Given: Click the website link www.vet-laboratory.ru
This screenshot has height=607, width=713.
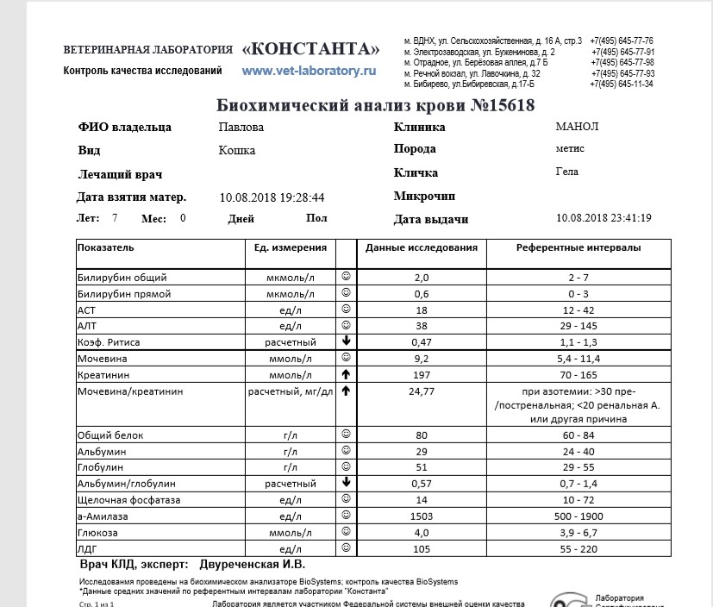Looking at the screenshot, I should click(310, 70).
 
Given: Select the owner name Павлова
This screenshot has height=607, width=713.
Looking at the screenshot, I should click(241, 128).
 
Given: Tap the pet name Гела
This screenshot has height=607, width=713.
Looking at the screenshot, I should click(567, 172).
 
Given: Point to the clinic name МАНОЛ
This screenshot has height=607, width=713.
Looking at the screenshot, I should click(577, 127).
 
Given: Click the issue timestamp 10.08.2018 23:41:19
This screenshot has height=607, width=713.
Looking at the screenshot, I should click(604, 218).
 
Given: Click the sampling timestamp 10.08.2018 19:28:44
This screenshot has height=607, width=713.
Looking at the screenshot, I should click(272, 197).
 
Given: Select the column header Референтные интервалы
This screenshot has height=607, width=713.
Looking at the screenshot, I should click(579, 247).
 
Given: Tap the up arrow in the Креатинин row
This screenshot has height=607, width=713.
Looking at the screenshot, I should click(346, 374).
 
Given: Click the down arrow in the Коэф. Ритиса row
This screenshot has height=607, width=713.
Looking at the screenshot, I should click(346, 341).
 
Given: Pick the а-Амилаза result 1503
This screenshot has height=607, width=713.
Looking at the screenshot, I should click(421, 516).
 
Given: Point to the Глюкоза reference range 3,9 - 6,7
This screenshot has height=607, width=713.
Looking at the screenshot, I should click(578, 533).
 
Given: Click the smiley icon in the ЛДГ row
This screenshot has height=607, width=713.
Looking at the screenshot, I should click(346, 548).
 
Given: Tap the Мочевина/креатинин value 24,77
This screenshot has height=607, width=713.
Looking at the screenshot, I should click(421, 391).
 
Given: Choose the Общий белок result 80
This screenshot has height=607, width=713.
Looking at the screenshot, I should click(421, 435).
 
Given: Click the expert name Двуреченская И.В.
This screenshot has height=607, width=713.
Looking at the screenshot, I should click(253, 566).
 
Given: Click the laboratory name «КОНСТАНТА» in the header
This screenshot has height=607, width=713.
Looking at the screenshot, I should click(311, 47).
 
